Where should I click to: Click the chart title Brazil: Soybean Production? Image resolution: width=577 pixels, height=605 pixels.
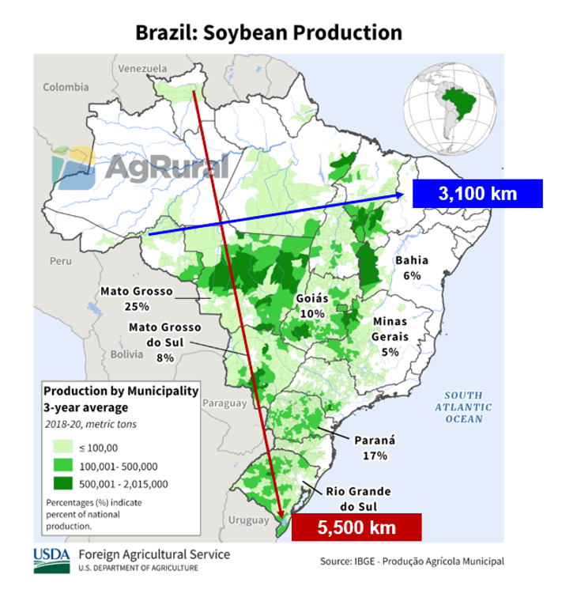269,32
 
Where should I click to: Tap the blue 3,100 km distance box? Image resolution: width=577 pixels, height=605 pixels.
477,193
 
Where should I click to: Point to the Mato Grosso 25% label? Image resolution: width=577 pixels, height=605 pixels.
136,298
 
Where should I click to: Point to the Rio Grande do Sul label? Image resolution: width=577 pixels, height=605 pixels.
357,498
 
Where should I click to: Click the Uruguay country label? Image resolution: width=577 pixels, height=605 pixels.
246,520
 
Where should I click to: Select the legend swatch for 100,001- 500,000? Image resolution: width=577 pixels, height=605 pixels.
59,467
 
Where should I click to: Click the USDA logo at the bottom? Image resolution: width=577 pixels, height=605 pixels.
51,560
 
